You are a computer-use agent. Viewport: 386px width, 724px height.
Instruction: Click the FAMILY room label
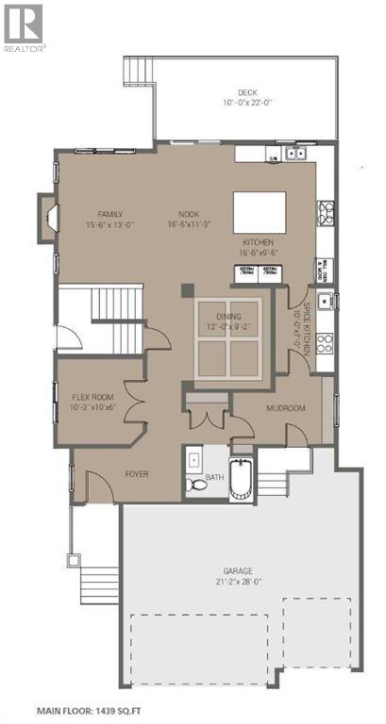(110, 214)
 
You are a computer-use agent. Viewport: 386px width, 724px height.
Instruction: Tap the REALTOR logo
(24, 25)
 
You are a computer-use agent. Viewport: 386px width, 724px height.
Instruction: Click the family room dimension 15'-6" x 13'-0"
(110, 224)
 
